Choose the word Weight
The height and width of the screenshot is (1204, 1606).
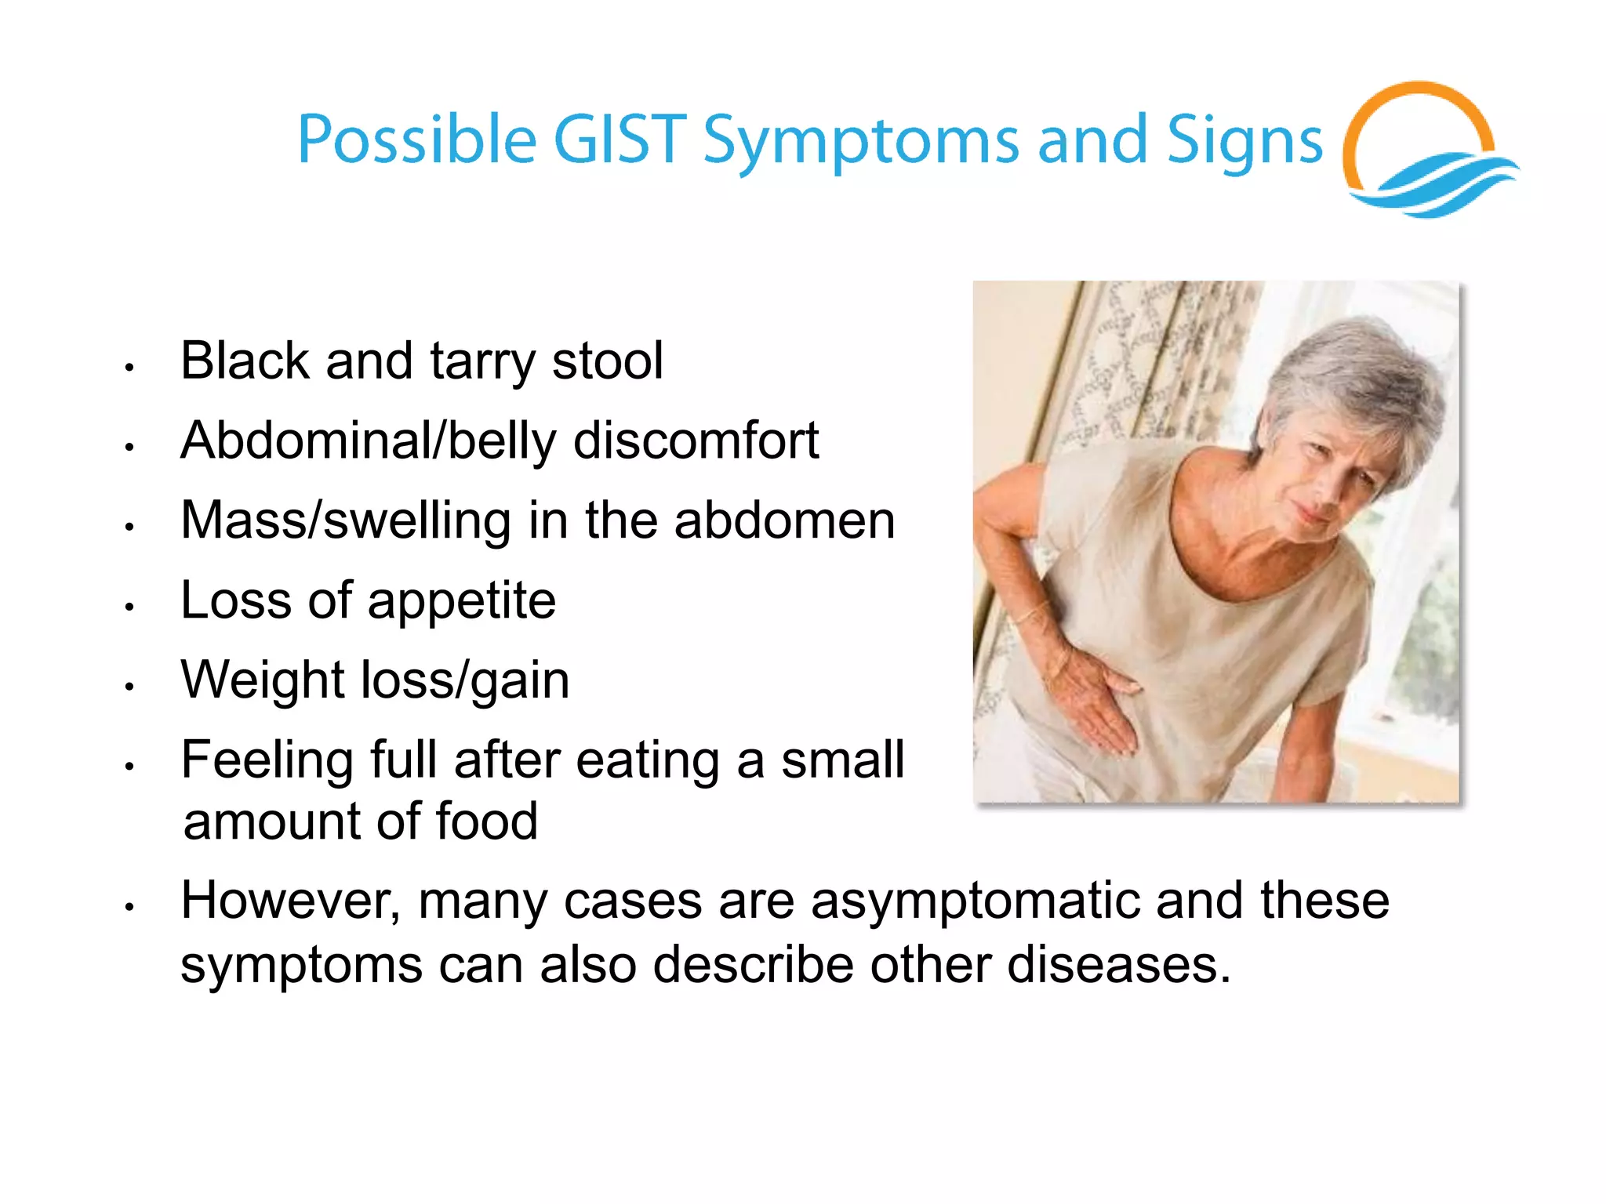coord(263,680)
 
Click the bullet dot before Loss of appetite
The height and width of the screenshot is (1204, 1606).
coord(130,607)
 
